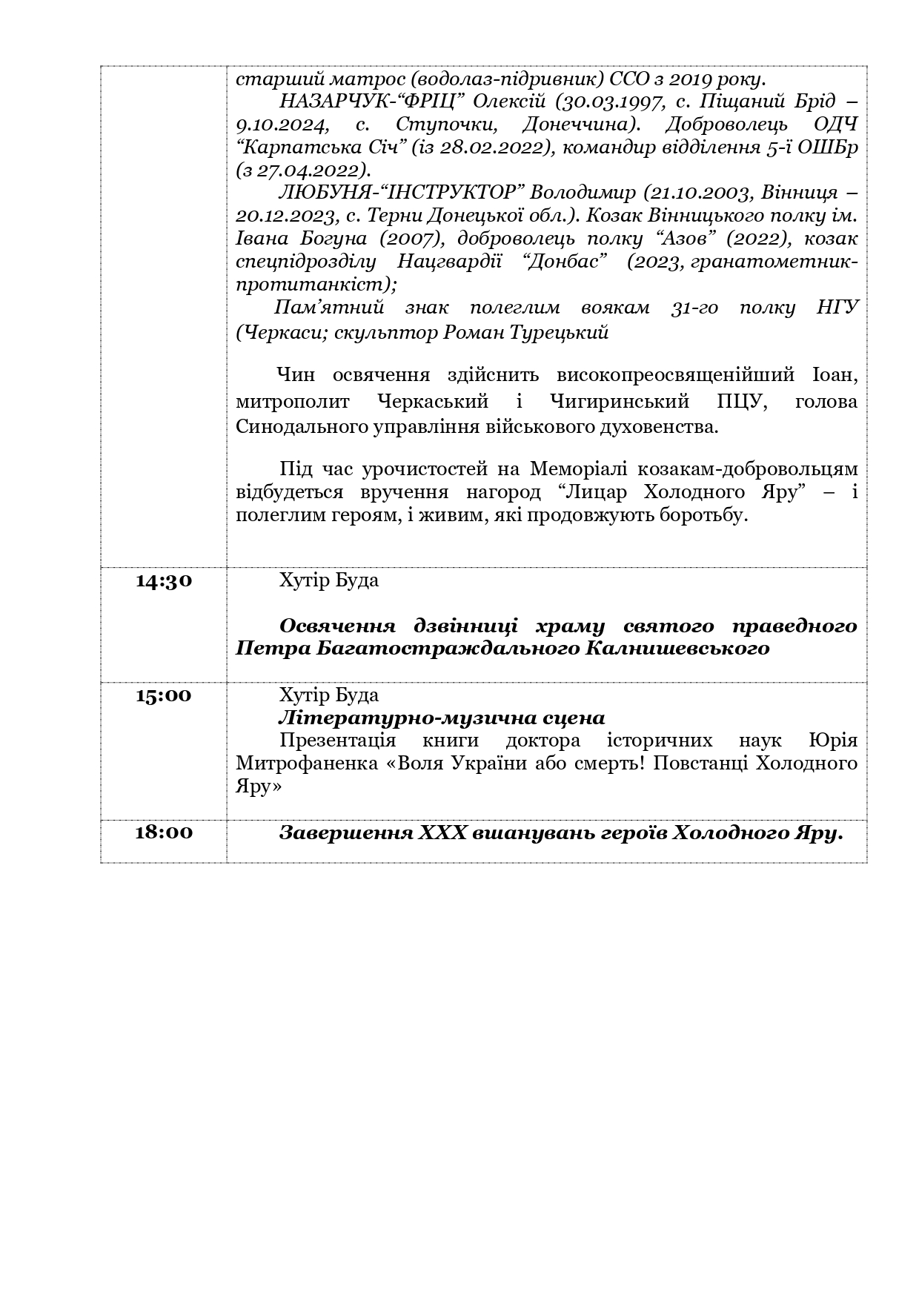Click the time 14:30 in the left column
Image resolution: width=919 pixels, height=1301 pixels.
[x=164, y=580]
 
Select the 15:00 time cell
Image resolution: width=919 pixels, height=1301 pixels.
[x=164, y=696]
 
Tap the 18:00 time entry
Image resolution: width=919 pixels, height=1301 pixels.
[x=164, y=832]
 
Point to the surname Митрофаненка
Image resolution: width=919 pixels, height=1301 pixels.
[x=306, y=764]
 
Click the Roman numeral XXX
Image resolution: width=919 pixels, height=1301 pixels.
[x=442, y=833]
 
